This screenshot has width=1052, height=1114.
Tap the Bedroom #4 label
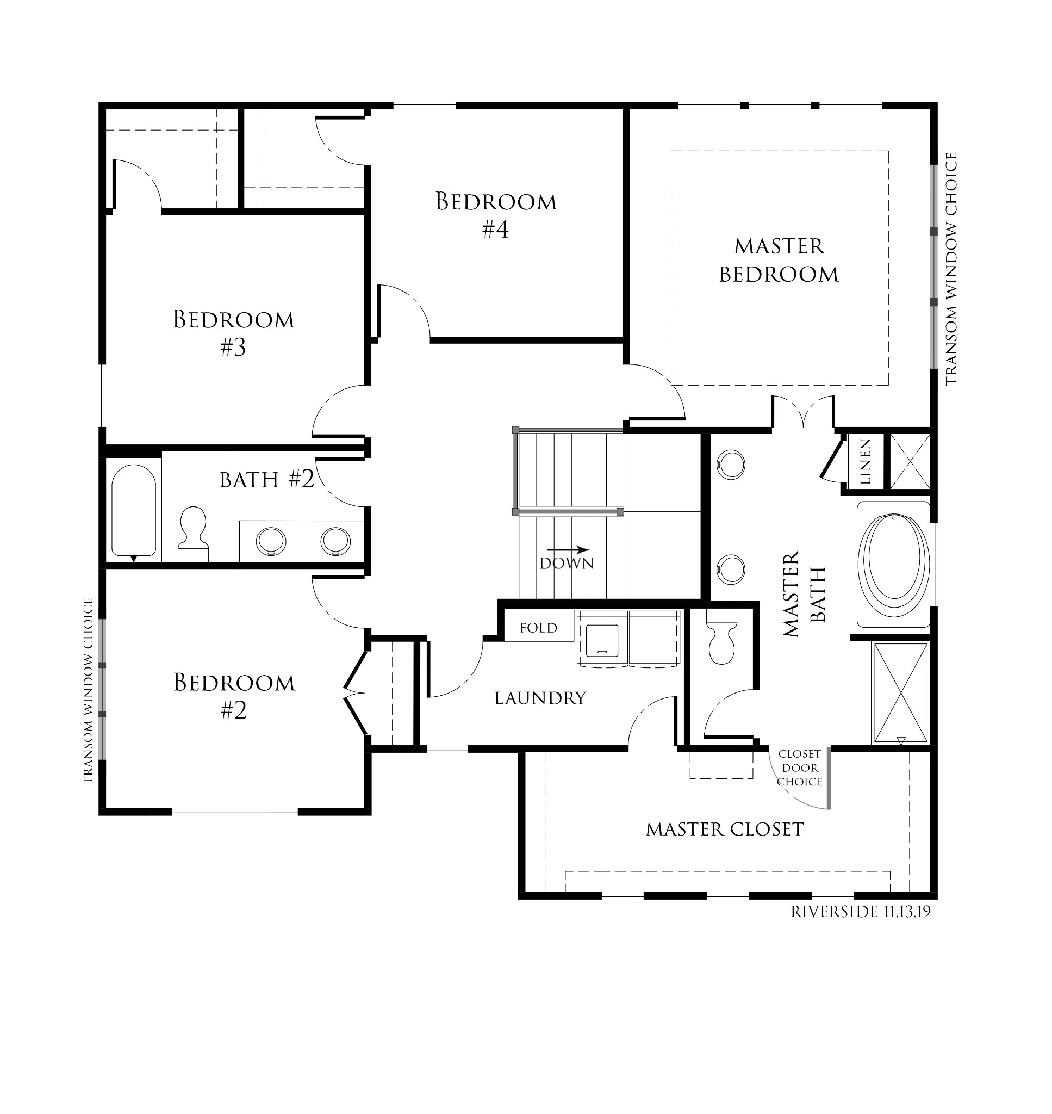[x=496, y=215]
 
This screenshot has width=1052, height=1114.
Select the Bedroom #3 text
[x=233, y=333]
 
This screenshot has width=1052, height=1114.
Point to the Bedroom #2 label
[x=234, y=696]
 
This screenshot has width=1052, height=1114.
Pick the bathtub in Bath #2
[x=133, y=510]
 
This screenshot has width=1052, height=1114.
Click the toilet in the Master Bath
[x=721, y=640]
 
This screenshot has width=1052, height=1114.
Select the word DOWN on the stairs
[x=567, y=563]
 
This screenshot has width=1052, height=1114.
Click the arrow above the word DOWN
[x=568, y=550]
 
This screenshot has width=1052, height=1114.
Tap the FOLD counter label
[x=538, y=628]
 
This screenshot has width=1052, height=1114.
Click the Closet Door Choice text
[x=800, y=768]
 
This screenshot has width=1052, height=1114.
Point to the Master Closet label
[x=725, y=829]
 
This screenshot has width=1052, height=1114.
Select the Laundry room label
[x=540, y=698]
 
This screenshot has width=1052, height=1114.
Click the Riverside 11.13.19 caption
[x=860, y=912]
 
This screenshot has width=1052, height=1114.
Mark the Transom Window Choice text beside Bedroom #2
[x=88, y=690]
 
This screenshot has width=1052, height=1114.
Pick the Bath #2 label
[x=266, y=480]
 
